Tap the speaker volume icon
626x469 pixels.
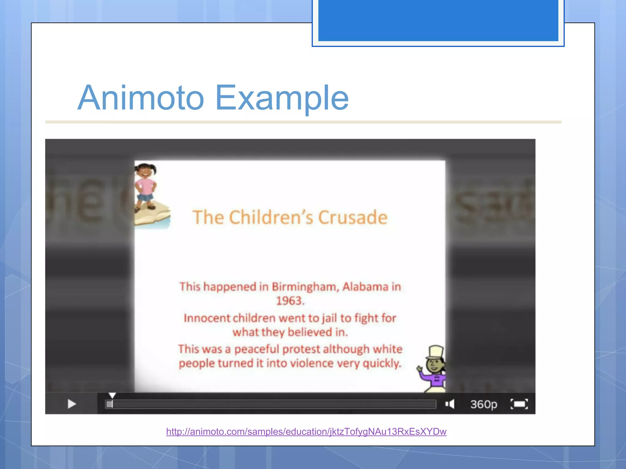click(x=450, y=404)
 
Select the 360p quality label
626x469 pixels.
click(x=484, y=404)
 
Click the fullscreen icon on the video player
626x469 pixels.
click(x=519, y=404)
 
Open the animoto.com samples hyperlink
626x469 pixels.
click(x=306, y=431)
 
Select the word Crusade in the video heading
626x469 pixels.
click(x=353, y=217)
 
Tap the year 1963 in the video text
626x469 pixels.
click(x=290, y=301)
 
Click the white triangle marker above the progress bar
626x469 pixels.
click(x=112, y=396)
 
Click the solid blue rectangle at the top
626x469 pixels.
click(x=438, y=20)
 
